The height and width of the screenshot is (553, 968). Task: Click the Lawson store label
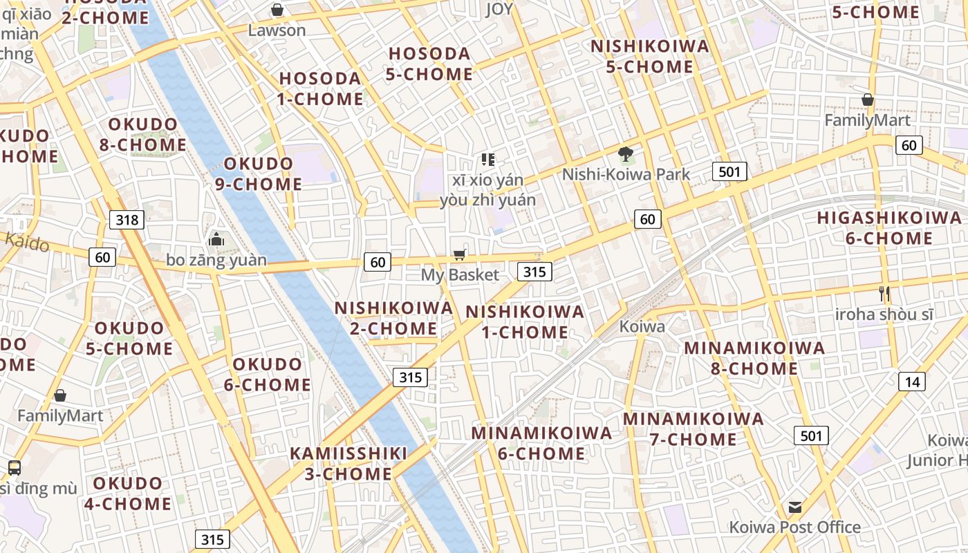[x=277, y=30]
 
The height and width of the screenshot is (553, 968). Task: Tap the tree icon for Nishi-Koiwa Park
[x=626, y=154]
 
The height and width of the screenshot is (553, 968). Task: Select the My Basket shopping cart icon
[x=459, y=255]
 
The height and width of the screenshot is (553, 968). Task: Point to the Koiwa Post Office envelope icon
[x=795, y=507]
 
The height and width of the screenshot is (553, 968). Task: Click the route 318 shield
[x=127, y=221]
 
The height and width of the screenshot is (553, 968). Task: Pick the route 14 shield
[x=912, y=382]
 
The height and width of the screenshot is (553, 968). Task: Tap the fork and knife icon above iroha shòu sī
[x=884, y=293]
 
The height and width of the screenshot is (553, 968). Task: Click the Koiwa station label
[x=642, y=326]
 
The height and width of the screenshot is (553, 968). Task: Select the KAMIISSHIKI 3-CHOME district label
[x=348, y=464]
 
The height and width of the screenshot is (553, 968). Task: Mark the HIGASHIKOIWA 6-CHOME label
[x=888, y=228]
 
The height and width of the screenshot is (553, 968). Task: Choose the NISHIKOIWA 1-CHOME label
[x=525, y=322]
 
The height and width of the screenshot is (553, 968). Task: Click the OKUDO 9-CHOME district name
[x=263, y=174]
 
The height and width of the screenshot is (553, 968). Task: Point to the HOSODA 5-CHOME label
[x=429, y=64]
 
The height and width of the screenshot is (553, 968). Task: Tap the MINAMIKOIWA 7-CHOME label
[x=694, y=429]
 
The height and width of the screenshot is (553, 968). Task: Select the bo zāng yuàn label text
[x=216, y=261]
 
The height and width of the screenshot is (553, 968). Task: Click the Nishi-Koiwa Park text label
[x=626, y=174]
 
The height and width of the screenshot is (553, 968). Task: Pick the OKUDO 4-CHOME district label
[x=128, y=494]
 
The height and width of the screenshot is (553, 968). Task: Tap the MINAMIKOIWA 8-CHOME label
[x=754, y=358]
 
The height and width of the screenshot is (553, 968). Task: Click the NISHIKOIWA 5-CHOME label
[x=650, y=57]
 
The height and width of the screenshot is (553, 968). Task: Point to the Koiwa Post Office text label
[x=795, y=527]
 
